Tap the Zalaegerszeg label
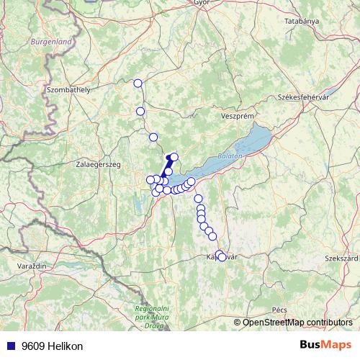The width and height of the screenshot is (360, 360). tap(98, 164)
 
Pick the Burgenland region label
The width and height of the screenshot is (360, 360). tap(51, 42)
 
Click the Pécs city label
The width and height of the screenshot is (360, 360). tap(279, 310)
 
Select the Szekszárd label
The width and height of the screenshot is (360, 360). tap(341, 257)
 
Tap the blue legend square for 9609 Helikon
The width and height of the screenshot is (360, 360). tap(10, 346)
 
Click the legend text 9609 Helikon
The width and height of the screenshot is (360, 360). tap(52, 346)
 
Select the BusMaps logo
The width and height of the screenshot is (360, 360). tap(325, 346)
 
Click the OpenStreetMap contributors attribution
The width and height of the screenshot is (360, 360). tap(297, 322)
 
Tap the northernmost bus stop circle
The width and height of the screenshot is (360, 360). tap(138, 84)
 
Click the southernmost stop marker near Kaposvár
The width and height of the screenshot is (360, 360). tap(222, 257)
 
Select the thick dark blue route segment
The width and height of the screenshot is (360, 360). tap(167, 166)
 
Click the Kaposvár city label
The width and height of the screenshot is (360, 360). tap(223, 257)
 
